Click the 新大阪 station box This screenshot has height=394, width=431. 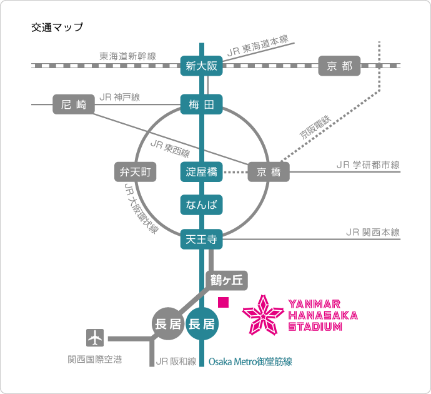coord(201,66)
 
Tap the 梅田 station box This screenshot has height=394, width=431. coord(201,105)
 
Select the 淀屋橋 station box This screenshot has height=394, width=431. coord(201,172)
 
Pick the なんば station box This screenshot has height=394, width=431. coord(201,205)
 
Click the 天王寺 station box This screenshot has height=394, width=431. coord(201,238)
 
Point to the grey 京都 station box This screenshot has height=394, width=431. coord(339,66)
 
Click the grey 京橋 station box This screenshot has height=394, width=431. coord(269,172)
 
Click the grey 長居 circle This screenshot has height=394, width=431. coord(167,323)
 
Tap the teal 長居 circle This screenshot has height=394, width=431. coord(202,323)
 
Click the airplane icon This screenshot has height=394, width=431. coord(95,338)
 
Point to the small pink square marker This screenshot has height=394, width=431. coord(223,302)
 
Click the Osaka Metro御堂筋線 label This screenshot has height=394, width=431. coord(250,361)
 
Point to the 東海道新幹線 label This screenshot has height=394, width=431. coord(127,56)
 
